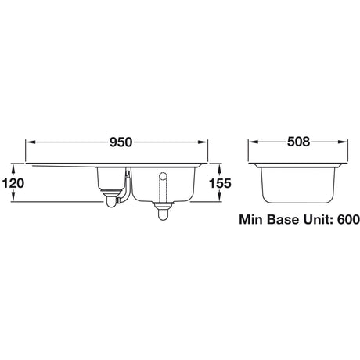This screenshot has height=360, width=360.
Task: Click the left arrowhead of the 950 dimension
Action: pos(31,144)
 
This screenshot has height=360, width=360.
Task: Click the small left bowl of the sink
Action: pos(111,180)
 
